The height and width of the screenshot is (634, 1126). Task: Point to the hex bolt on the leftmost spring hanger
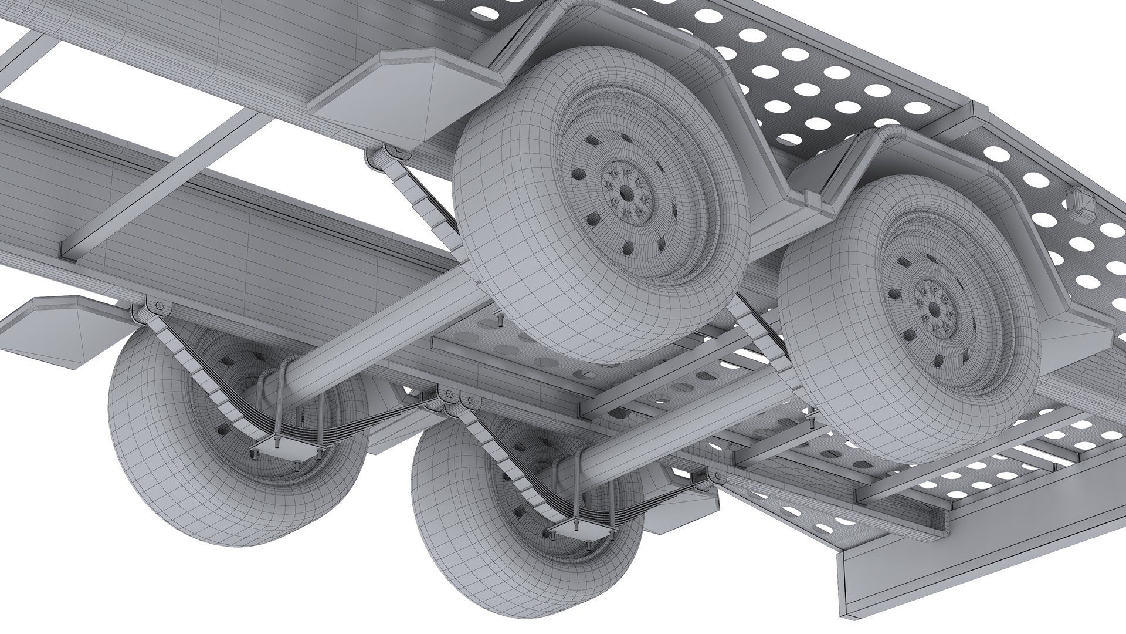159,305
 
